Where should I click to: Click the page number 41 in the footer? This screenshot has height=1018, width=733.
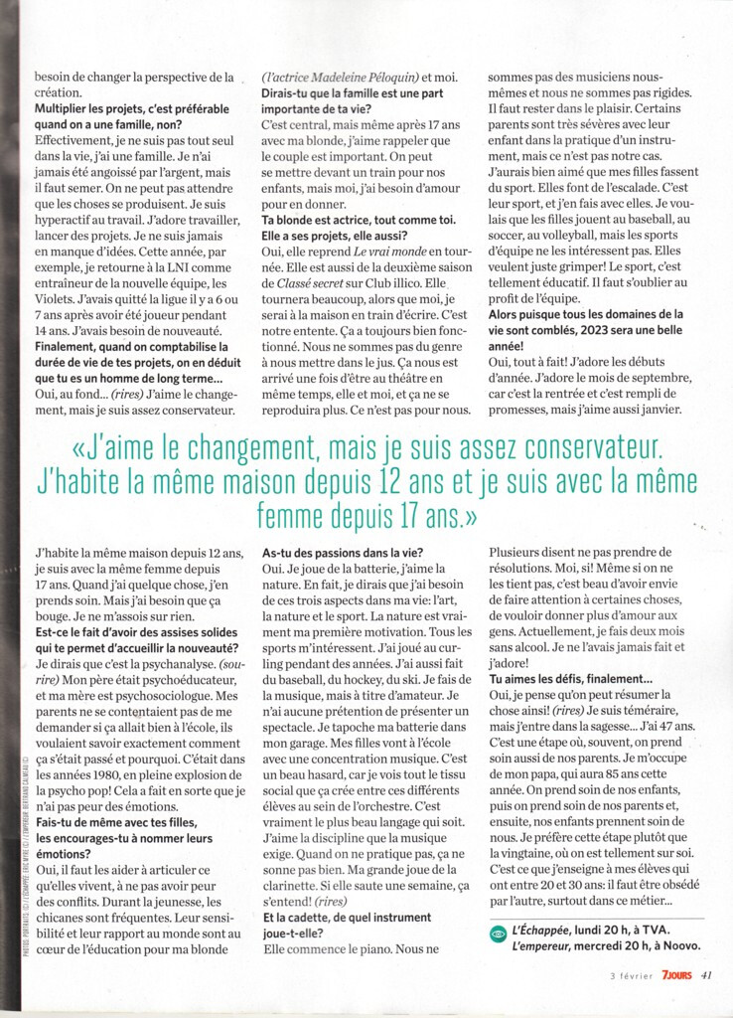[x=706, y=975]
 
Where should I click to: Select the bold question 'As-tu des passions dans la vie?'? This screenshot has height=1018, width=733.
[x=343, y=552]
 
